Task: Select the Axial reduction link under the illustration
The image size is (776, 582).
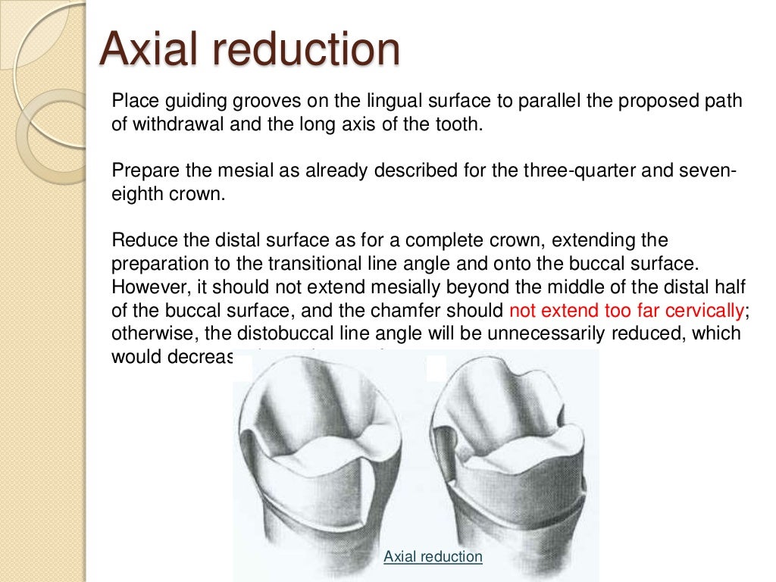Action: click(x=433, y=556)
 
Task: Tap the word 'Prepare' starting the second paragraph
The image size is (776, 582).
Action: click(x=140, y=170)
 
